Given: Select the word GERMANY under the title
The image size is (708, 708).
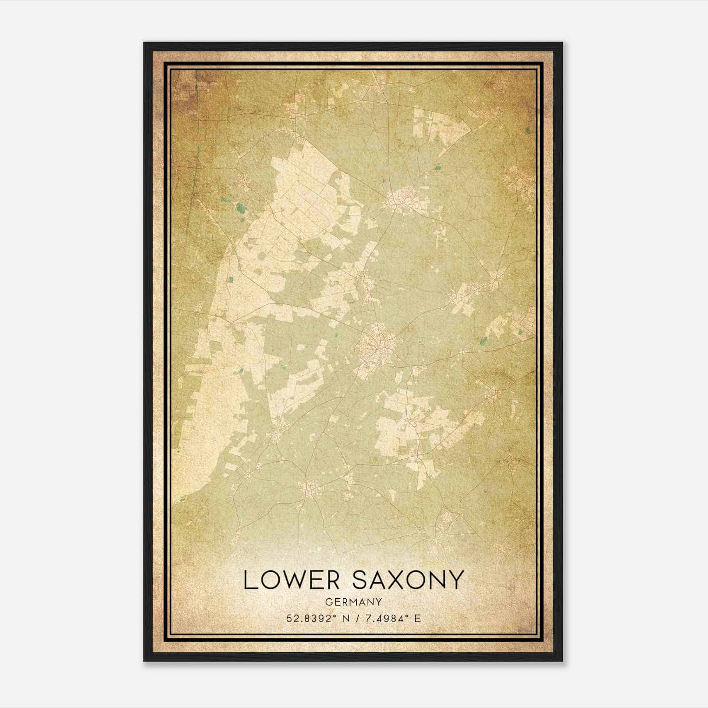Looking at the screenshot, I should [353, 602].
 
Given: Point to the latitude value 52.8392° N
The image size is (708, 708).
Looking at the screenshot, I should [316, 618].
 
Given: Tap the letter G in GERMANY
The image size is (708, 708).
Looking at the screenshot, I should [327, 602].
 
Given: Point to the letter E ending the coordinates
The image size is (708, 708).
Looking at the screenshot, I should [417, 618].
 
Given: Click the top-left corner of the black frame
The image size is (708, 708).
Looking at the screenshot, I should [144, 43].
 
